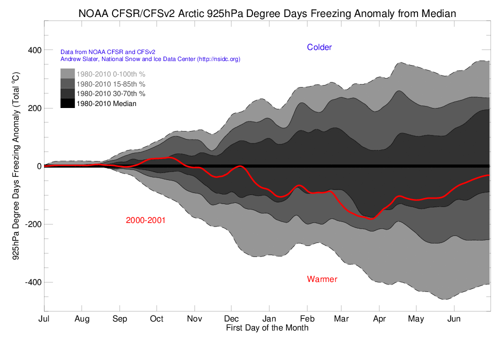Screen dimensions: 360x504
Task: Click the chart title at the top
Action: point(267,13)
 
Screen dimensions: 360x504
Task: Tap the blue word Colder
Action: point(319,47)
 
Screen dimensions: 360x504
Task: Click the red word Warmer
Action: point(322,279)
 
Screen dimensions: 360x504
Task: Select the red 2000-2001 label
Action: point(145,220)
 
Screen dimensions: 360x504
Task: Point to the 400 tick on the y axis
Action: point(34,50)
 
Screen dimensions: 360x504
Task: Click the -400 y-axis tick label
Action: point(32,282)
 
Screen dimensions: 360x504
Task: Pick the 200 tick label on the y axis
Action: point(34,108)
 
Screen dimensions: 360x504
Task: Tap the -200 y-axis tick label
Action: point(32,224)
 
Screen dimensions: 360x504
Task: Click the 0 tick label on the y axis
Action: point(38,166)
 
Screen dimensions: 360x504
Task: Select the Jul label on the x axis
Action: point(44,319)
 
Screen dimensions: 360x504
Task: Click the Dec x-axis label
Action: point(231,319)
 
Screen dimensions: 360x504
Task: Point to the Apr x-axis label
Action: point(379,319)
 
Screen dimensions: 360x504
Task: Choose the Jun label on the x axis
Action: point(453,319)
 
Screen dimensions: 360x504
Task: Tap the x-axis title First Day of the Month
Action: point(267,328)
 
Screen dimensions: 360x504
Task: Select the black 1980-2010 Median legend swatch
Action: point(67,103)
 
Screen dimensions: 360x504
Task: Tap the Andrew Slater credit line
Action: point(150,59)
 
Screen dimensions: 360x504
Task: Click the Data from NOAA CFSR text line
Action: point(107,51)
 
